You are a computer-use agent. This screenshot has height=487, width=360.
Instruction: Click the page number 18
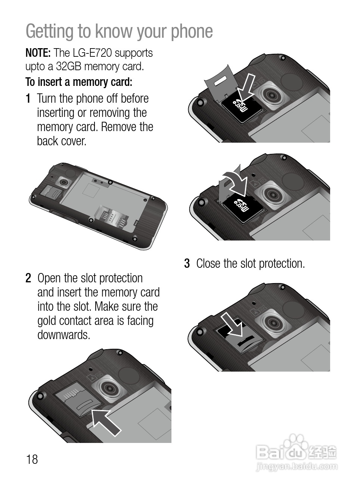(32, 459)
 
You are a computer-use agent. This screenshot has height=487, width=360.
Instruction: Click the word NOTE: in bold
(38, 53)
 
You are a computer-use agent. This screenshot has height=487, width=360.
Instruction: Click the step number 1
(28, 98)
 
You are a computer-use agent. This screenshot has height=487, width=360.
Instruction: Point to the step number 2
(28, 278)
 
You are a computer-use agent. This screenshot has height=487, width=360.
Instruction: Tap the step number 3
(187, 264)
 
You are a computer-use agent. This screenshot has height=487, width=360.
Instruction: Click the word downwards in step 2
(64, 335)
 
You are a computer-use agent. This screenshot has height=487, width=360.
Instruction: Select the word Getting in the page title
(49, 31)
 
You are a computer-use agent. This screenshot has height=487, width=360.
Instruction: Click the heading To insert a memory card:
(79, 82)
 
